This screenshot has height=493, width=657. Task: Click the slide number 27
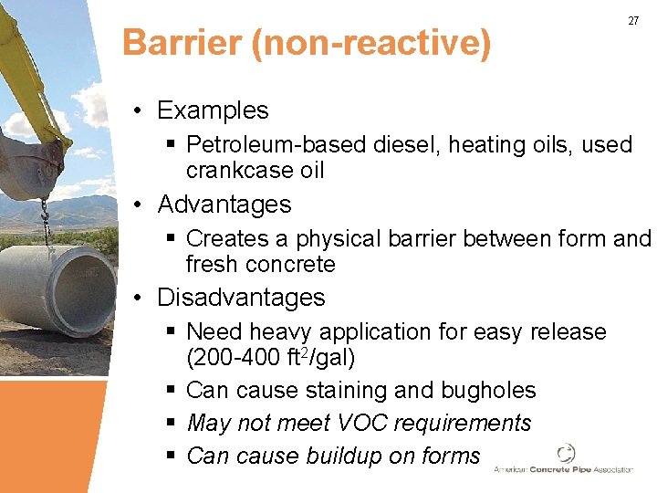click(633, 21)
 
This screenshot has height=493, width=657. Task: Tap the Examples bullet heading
click(213, 110)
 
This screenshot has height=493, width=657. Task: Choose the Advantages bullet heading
click(224, 204)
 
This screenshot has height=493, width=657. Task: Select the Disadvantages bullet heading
click(241, 298)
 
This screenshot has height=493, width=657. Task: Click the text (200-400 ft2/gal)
click(270, 357)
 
